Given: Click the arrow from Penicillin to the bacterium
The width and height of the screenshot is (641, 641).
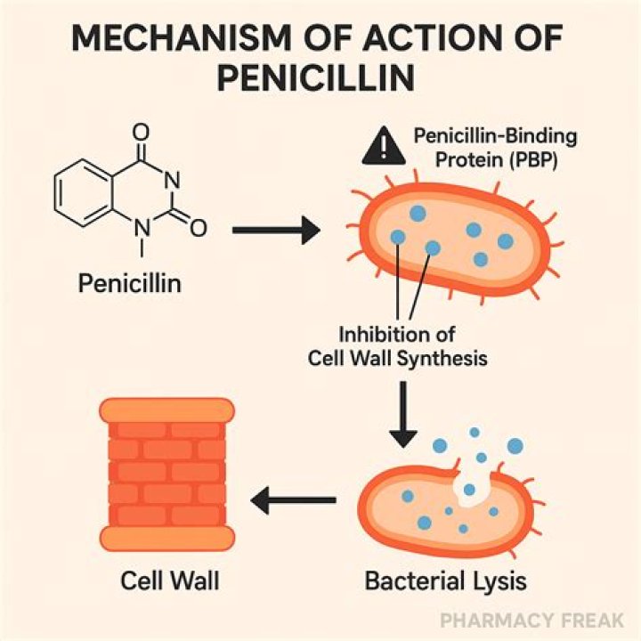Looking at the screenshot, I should pos(275,231).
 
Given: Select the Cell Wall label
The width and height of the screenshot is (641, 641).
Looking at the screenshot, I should pos(168,582).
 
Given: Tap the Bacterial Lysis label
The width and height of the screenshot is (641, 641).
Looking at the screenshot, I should pos(445,582).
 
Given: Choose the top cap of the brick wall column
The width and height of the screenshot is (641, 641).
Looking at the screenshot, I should pos(166,410).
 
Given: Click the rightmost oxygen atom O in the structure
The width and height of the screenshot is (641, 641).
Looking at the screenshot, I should pos(199,229).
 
